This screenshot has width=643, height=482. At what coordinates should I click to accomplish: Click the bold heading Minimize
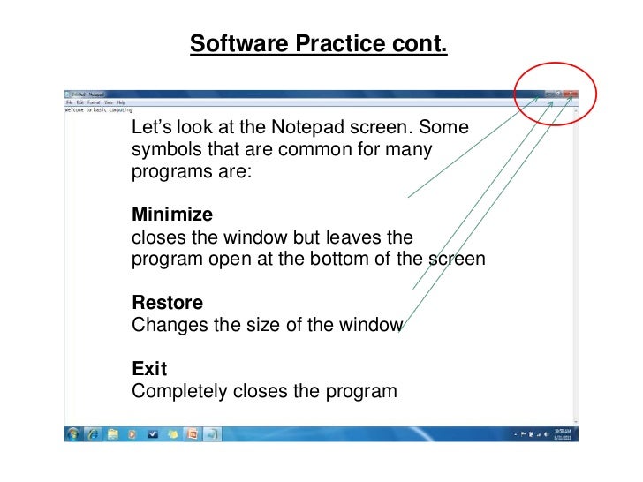172,215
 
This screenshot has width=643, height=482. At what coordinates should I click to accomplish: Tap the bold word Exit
149,367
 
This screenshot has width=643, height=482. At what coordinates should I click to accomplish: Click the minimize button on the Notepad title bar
549,93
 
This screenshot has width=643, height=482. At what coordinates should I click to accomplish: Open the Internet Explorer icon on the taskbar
94,434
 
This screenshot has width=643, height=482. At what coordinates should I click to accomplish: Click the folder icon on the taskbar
113,434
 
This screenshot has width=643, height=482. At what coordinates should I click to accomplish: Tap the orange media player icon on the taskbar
132,434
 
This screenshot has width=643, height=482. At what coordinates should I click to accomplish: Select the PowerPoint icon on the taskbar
193,434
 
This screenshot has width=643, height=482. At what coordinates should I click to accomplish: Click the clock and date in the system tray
563,434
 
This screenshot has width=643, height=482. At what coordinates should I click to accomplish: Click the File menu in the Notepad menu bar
68,102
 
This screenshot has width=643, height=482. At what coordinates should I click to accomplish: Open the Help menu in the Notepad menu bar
121,102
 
